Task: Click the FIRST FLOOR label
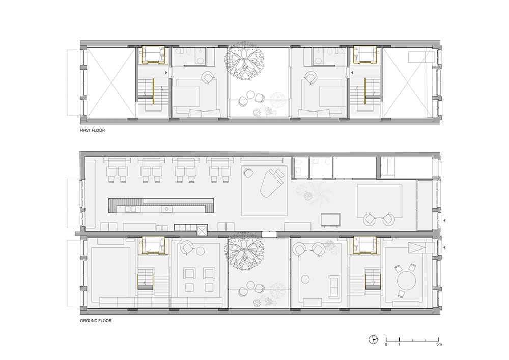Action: pos(93,130)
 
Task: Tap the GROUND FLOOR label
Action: pos(96,321)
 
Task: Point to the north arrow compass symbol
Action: pos(373,339)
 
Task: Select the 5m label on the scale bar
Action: pos(439,344)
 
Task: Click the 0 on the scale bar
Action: pos(386,344)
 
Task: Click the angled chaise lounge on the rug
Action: pos(272,183)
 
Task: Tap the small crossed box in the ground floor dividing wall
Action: pos(202,231)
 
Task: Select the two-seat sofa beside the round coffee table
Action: pos(333,287)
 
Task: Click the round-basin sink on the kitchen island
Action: pos(167,209)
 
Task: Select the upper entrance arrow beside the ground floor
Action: pos(444,221)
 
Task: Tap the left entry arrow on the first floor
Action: pos(166,73)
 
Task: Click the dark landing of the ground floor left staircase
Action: pos(146,286)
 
